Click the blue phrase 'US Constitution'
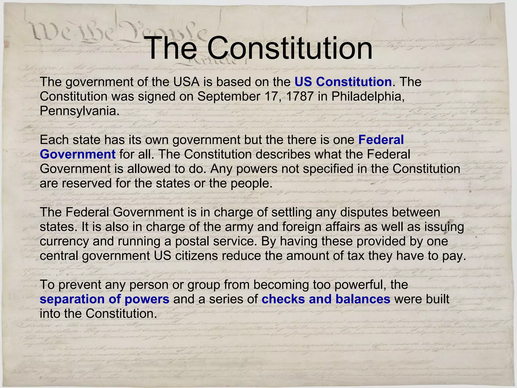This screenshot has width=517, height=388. point(343,82)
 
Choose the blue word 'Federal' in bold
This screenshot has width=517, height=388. point(381,140)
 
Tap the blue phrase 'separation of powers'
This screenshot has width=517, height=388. point(105,299)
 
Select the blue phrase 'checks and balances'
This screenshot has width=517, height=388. point(326,299)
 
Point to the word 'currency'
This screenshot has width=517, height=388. point(64,241)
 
